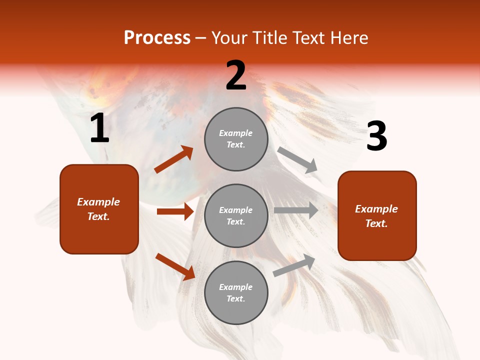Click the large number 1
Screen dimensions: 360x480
click(x=99, y=128)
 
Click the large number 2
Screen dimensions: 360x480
click(x=236, y=75)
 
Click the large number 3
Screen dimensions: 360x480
click(x=377, y=136)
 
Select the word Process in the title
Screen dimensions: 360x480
click(x=157, y=37)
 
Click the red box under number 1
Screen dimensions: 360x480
click(x=99, y=209)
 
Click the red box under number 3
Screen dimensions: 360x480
click(x=377, y=215)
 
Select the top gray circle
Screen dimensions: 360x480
click(x=236, y=139)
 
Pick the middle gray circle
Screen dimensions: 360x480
click(x=236, y=215)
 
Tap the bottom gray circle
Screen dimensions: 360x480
click(x=236, y=292)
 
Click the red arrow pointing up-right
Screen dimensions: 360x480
click(x=173, y=159)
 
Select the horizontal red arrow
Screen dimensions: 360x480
click(x=175, y=211)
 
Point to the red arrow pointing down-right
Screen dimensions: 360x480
click(x=175, y=266)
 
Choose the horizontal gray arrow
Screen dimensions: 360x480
click(x=296, y=210)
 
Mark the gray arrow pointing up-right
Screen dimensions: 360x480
click(x=294, y=265)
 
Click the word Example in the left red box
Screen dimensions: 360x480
click(x=98, y=202)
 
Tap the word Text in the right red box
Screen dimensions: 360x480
click(x=376, y=223)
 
